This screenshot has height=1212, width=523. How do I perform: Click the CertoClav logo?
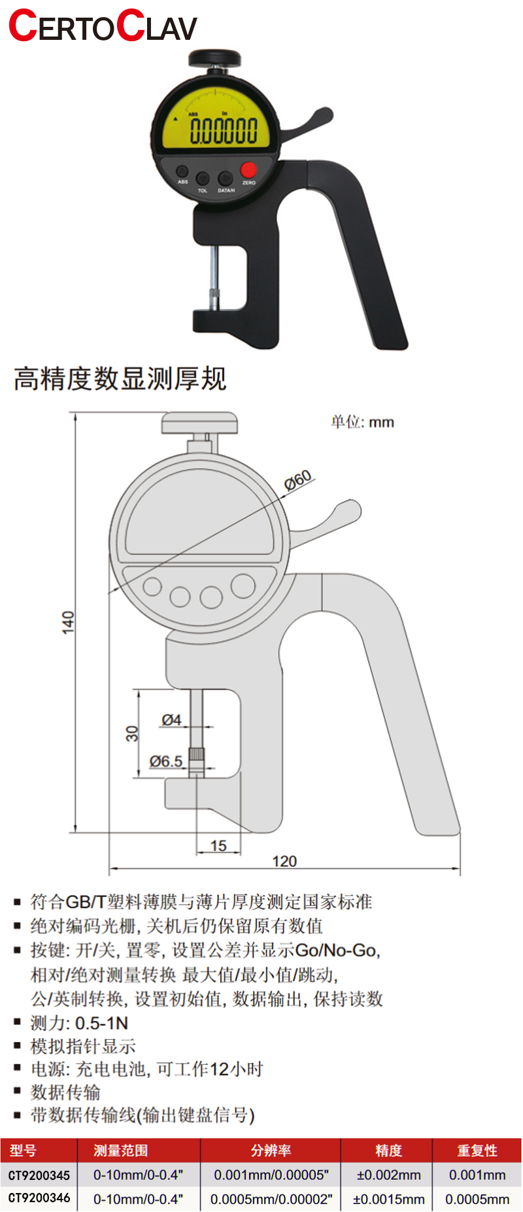[x=103, y=27]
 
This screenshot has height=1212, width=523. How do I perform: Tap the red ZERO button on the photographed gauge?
[x=248, y=169]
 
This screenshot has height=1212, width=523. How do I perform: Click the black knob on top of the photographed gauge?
[x=216, y=58]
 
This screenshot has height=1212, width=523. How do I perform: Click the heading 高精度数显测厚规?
[x=120, y=379]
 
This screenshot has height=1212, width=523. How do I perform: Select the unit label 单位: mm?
[x=362, y=422]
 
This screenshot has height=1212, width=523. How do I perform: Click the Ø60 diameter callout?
[x=298, y=480]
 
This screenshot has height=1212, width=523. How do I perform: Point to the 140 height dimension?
[x=68, y=622]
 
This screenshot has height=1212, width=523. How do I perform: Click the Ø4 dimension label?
[x=171, y=720]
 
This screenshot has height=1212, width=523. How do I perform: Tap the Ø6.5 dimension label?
[x=166, y=761]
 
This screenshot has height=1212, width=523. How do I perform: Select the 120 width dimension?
[x=284, y=861]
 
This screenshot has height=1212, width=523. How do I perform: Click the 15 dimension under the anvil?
[x=218, y=846]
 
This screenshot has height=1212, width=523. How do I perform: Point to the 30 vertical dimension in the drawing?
[x=132, y=733]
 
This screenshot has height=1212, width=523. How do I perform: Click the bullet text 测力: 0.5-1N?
[x=79, y=1023]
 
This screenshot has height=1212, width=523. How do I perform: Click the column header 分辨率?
[x=271, y=1150]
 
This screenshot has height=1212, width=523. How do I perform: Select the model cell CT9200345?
[x=39, y=1175]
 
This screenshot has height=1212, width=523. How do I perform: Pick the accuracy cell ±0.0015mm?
[x=388, y=1200]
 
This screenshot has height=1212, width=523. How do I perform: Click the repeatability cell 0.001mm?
[x=477, y=1175]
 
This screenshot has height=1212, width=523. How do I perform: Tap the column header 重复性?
[x=477, y=1150]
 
